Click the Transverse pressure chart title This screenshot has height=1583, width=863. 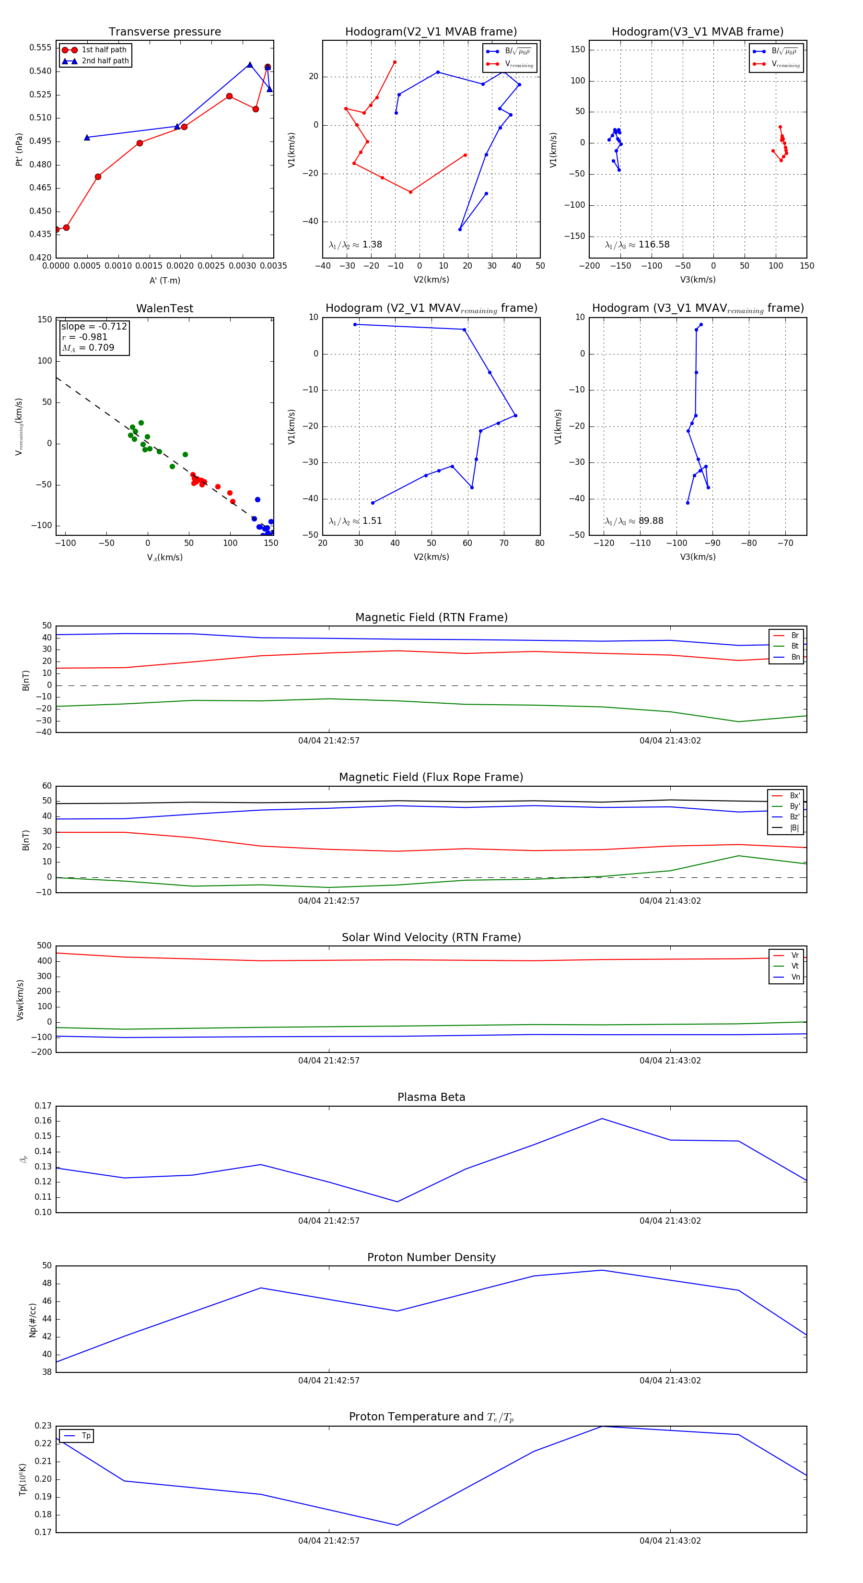pyautogui.click(x=164, y=32)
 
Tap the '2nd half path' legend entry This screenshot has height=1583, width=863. pyautogui.click(x=105, y=61)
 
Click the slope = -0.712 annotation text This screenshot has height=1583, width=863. pyautogui.click(x=94, y=326)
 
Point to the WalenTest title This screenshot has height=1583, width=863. pyautogui.click(x=164, y=308)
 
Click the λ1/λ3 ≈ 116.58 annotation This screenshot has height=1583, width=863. pyautogui.click(x=637, y=245)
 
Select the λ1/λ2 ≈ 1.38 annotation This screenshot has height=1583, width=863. pyautogui.click(x=355, y=245)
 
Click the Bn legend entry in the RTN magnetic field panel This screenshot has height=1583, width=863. pyautogui.click(x=795, y=657)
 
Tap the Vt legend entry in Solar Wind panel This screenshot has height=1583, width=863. pyautogui.click(x=795, y=966)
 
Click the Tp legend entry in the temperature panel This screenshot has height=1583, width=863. pyautogui.click(x=86, y=1436)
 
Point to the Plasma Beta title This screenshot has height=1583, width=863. pyautogui.click(x=431, y=1097)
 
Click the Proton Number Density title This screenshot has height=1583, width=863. pyautogui.click(x=431, y=1257)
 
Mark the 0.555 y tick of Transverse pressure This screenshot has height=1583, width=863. pyautogui.click(x=41, y=48)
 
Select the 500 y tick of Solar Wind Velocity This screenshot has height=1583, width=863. pyautogui.click(x=44, y=946)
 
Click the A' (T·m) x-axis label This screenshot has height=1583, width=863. pyautogui.click(x=164, y=280)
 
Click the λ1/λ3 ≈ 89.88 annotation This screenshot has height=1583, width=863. pyautogui.click(x=634, y=521)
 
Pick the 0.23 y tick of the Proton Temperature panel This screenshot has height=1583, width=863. pyautogui.click(x=43, y=1426)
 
